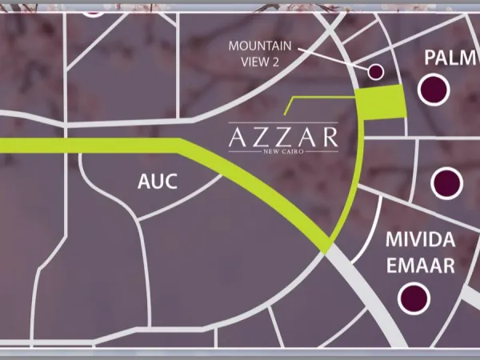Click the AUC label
[x=157, y=182]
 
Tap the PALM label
[x=446, y=58]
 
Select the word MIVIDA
[x=420, y=240]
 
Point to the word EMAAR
[x=420, y=266]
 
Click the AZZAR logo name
[x=283, y=137]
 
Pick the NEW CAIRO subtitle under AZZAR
[x=283, y=154]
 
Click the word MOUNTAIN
[x=260, y=46]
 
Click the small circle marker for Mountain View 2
[x=375, y=72]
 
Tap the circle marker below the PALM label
[x=433, y=87]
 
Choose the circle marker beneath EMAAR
[x=414, y=298]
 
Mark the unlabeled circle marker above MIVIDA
[x=446, y=183]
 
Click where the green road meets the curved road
[x=327, y=246]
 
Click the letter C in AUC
[x=170, y=182]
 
